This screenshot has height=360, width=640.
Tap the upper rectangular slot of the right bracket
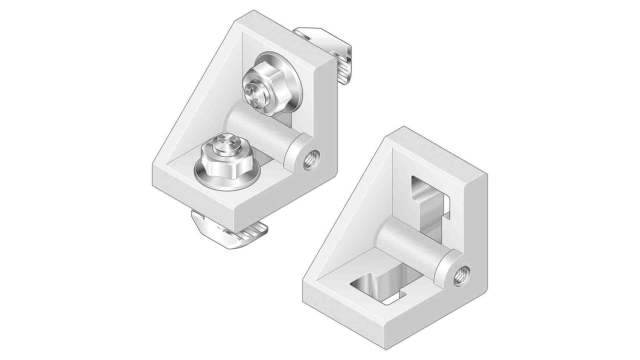click(x=433, y=194)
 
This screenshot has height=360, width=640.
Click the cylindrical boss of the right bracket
click(x=415, y=244)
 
